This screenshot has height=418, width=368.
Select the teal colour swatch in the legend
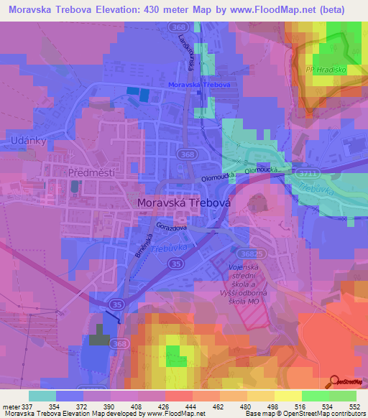42,396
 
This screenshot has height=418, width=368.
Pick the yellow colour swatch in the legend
287,396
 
